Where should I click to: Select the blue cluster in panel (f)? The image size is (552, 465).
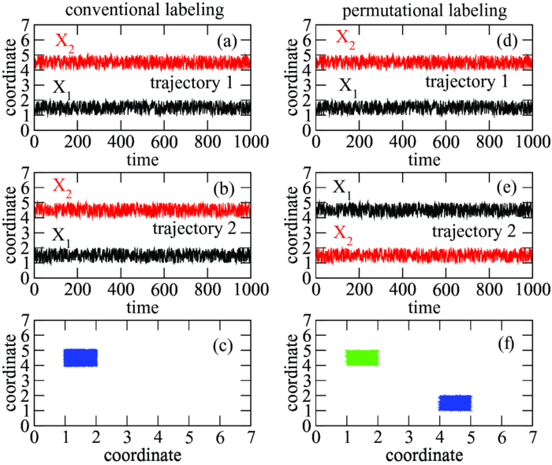pyautogui.click(x=454, y=403)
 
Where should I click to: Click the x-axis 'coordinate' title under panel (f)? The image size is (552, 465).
pyautogui.click(x=424, y=455)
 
